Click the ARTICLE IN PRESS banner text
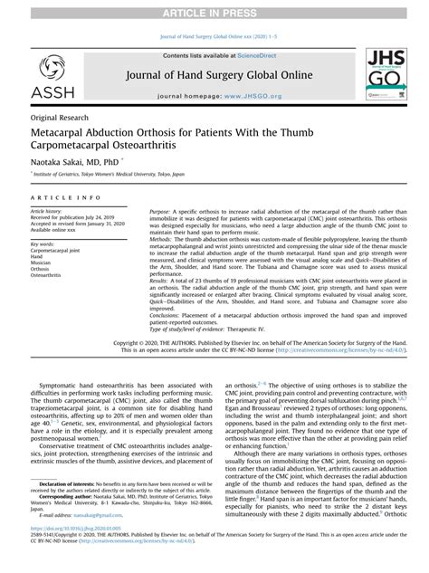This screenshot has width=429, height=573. point(214,9)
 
